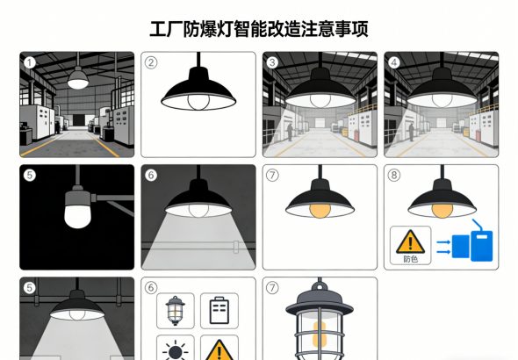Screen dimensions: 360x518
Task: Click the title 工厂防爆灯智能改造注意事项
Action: click(258, 28)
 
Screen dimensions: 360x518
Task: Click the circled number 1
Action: click(30, 62)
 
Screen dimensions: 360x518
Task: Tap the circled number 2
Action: click(151, 62)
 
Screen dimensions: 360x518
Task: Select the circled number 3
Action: click(272, 62)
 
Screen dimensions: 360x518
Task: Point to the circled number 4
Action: click(393, 62)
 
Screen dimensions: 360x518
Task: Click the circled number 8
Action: click(393, 176)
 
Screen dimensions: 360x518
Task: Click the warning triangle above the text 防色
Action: click(410, 240)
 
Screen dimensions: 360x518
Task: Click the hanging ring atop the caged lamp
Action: click(320, 285)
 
